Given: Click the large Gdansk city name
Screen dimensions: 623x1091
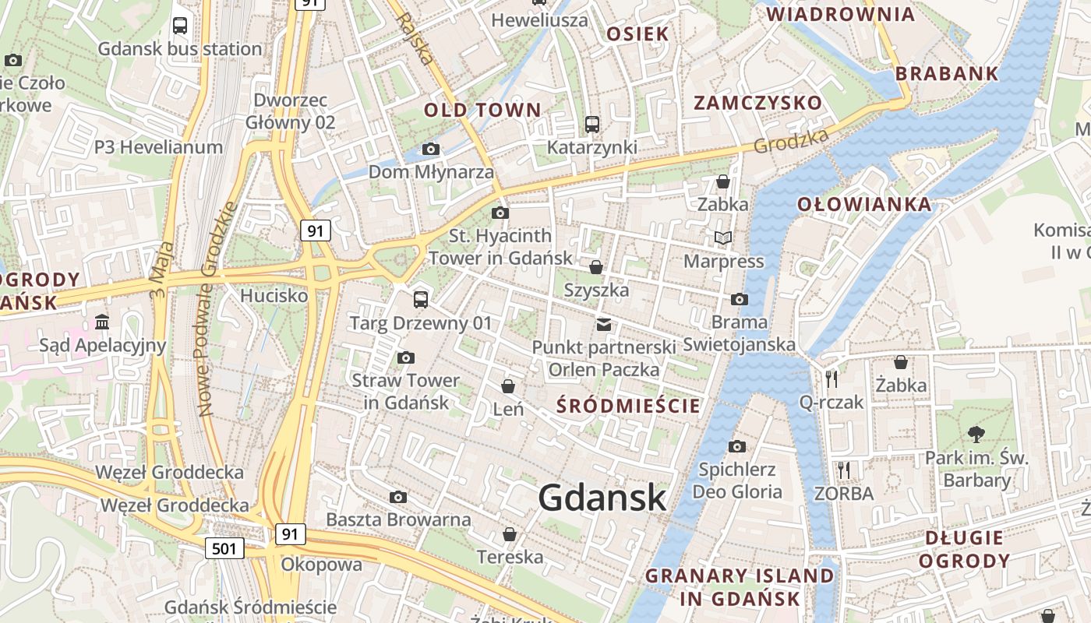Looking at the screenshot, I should [602, 498].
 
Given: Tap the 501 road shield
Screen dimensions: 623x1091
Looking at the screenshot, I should [224, 548].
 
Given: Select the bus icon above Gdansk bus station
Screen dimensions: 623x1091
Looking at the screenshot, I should [180, 25].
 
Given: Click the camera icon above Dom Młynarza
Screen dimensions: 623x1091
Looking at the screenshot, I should [430, 149].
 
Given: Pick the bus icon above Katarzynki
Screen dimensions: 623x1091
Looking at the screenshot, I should [591, 124].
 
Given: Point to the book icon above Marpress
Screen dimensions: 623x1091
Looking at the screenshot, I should [723, 238].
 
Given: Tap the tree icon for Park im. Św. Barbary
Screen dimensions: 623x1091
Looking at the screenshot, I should [975, 435].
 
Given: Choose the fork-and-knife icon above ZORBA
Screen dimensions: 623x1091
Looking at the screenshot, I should [843, 470].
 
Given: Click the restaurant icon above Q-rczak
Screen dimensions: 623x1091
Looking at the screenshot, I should [831, 378].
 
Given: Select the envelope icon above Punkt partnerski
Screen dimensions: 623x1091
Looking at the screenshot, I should [604, 324].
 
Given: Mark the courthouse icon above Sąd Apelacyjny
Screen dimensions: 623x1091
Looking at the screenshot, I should [102, 322].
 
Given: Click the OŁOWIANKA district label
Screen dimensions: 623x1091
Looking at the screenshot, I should [863, 205].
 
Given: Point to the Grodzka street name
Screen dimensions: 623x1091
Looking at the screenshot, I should [790, 141].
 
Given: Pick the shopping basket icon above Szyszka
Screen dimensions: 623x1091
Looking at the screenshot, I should [596, 267].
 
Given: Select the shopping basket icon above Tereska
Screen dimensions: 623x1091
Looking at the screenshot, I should [509, 533].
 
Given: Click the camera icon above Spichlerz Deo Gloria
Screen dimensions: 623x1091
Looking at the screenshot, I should [736, 446].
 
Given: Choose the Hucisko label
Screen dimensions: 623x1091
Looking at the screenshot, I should [274, 296].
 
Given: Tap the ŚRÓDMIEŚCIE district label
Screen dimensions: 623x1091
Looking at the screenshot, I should [628, 406].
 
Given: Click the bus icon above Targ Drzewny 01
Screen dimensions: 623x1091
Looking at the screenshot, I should [421, 299].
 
